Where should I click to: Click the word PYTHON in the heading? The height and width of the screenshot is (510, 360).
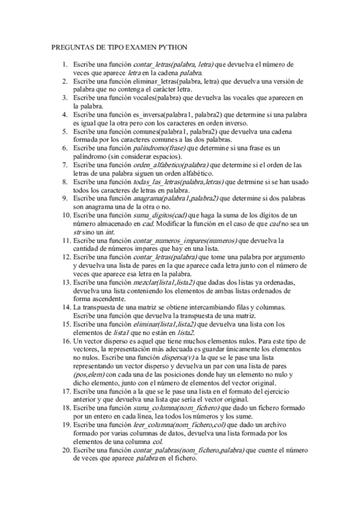[x=171, y=46]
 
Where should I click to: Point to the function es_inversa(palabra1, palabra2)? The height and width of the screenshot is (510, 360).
[x=173, y=114]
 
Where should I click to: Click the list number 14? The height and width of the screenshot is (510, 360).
[x=66, y=307]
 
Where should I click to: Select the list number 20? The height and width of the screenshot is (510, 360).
[x=66, y=450]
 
